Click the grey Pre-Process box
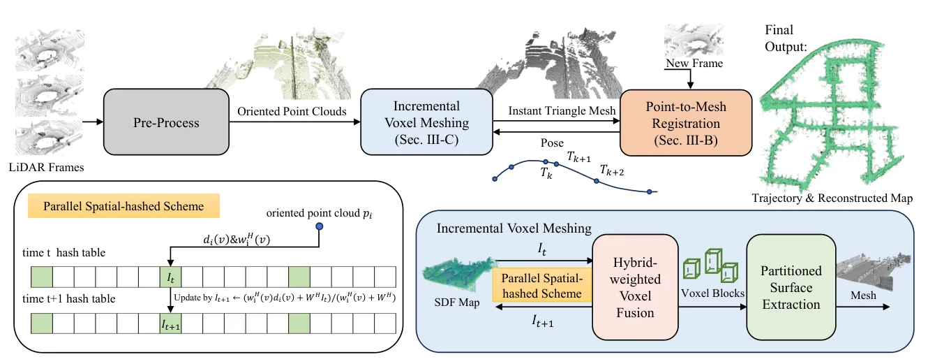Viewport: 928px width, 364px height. pyautogui.click(x=166, y=122)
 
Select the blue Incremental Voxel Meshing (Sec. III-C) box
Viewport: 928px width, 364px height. pyautogui.click(x=427, y=122)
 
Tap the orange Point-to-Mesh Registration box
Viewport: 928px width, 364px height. pyautogui.click(x=686, y=123)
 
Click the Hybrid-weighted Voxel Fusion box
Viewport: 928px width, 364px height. pyautogui.click(x=635, y=287)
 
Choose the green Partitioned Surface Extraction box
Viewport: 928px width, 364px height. pyautogui.click(x=791, y=287)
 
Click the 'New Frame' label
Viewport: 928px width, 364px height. pyautogui.click(x=694, y=63)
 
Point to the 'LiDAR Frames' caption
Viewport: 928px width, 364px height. pyautogui.click(x=46, y=167)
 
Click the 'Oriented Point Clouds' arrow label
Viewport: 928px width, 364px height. pyautogui.click(x=292, y=111)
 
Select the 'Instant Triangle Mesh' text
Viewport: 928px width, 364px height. pyautogui.click(x=562, y=111)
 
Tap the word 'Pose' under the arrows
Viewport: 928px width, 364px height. pyautogui.click(x=552, y=143)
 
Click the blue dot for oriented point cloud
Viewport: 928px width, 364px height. pyautogui.click(x=320, y=226)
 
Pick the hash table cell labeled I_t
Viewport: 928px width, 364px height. pyautogui.click(x=171, y=277)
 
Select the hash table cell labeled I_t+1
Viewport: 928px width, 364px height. pyautogui.click(x=171, y=323)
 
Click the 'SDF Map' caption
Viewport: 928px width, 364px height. pyautogui.click(x=457, y=302)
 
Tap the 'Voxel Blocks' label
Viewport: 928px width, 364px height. pyautogui.click(x=712, y=293)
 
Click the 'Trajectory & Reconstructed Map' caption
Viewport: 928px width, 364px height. pyautogui.click(x=832, y=198)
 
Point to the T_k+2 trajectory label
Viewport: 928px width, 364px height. pyautogui.click(x=612, y=170)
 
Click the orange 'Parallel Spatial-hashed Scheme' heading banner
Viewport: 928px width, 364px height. pyautogui.click(x=124, y=206)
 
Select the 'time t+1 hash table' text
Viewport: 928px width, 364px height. pyautogui.click(x=69, y=299)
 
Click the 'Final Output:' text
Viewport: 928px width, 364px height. pyautogui.click(x=786, y=38)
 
